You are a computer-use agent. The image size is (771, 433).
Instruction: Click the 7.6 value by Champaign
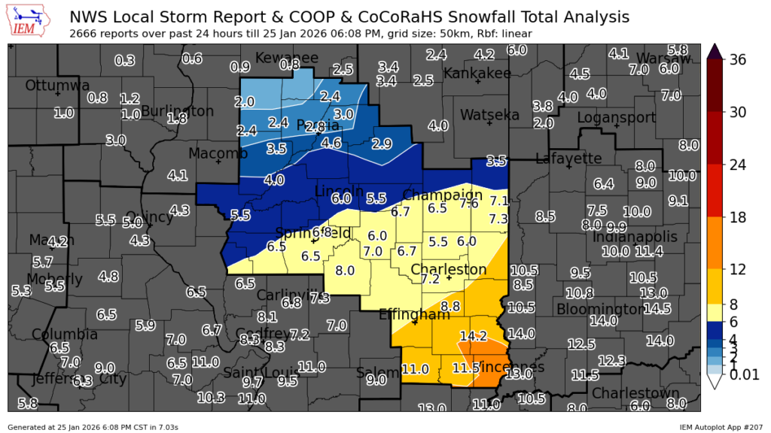pos(469,204)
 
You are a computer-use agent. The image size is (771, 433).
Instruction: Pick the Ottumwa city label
pos(57,86)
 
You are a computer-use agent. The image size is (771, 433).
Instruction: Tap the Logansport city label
pos(612,118)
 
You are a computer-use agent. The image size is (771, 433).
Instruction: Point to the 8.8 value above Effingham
pos(450,306)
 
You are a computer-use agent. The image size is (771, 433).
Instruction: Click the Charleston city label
pos(449,269)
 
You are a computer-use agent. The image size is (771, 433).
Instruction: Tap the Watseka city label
pos(489,115)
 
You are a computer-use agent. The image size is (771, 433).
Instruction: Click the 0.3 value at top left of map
pos(124,61)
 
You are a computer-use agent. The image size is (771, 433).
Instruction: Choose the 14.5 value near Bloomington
pos(657,308)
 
